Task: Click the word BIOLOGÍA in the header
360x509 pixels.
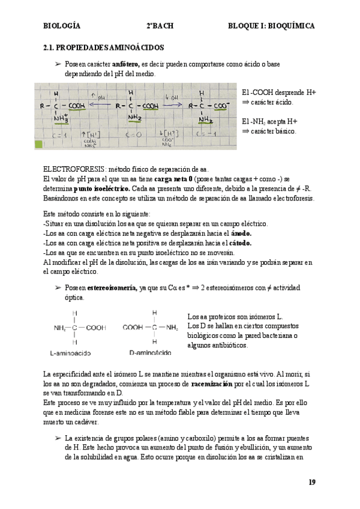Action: [62, 26]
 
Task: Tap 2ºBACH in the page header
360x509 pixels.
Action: [158, 26]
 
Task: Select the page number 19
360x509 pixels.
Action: [311, 482]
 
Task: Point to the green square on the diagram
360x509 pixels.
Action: [40, 144]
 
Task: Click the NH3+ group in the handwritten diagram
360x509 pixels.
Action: [61, 118]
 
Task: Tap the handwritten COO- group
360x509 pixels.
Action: [221, 106]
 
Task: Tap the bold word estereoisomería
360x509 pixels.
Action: [112, 288]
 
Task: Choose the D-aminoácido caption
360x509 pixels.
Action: [150, 352]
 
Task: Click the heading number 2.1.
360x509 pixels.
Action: [50, 47]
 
